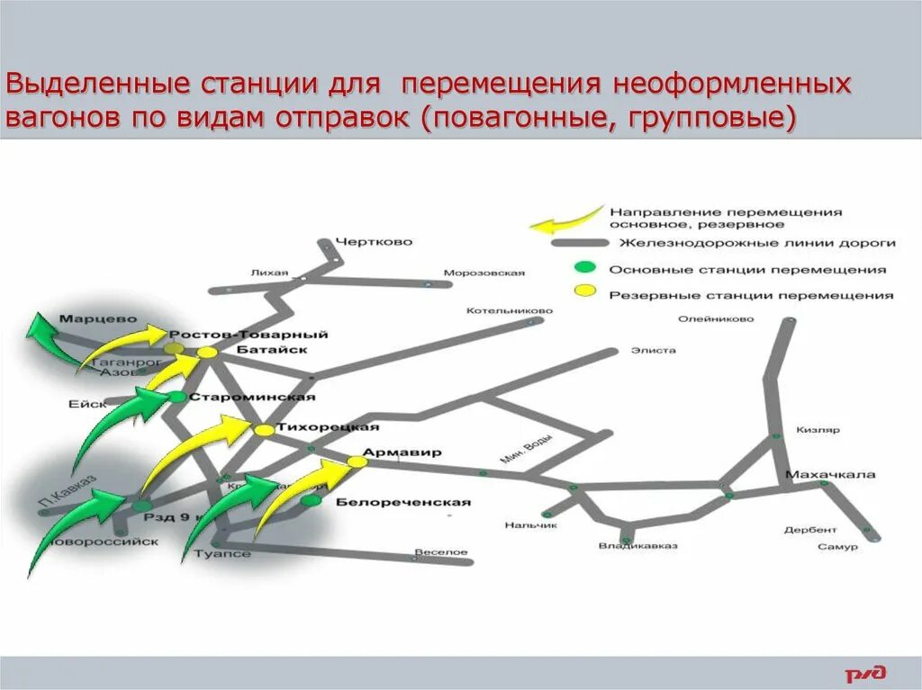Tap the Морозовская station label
[484, 273]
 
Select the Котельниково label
[508, 311]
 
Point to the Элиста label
[653, 351]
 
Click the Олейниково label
[716, 318]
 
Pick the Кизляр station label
[818, 430]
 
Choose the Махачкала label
[830, 474]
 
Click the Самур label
[838, 546]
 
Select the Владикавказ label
[637, 546]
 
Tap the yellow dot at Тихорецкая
[264, 431]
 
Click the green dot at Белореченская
[312, 500]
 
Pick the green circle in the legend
[585, 266]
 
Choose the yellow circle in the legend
[585, 291]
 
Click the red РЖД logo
[866, 672]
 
